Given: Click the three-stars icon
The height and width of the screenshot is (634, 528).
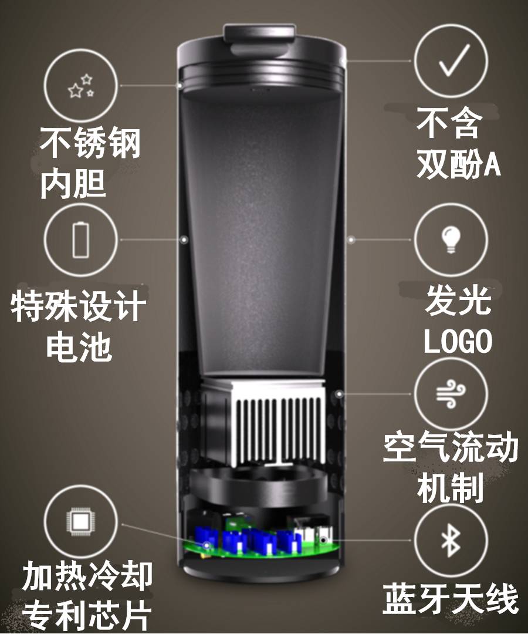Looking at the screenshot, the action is [x=81, y=86].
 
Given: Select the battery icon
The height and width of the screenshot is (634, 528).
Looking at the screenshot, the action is [x=81, y=239].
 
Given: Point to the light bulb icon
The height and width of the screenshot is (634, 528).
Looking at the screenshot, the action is [x=451, y=239].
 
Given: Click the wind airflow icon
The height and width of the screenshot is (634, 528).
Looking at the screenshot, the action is [x=451, y=394].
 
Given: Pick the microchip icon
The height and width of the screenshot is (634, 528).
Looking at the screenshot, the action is [x=81, y=522].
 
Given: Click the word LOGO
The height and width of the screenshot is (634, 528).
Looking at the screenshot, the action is [x=458, y=342].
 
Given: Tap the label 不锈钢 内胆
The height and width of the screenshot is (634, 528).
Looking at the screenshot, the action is [x=90, y=163].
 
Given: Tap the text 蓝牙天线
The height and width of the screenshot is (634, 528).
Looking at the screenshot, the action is [x=450, y=599].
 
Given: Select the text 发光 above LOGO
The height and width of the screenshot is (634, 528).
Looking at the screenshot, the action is [x=458, y=301].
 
